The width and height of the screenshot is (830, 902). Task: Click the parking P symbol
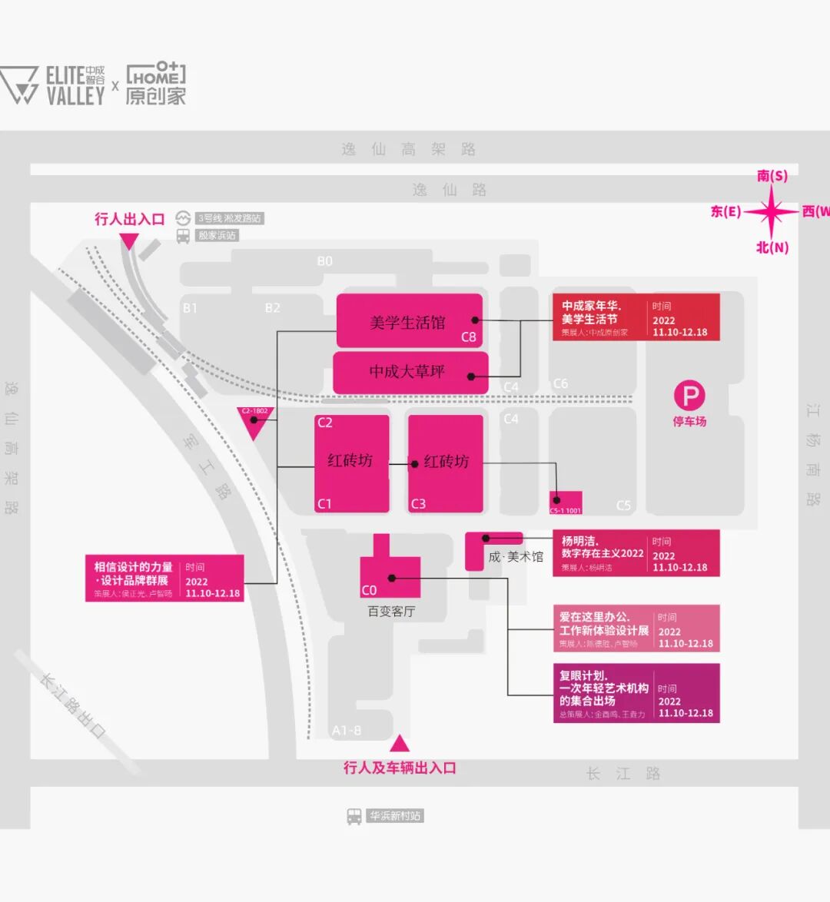[689, 396]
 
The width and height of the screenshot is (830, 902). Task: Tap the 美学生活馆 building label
[407, 323]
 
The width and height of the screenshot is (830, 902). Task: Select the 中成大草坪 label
[407, 372]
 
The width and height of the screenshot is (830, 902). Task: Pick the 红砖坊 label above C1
[350, 460]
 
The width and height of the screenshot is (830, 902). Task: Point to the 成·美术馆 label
[516, 557]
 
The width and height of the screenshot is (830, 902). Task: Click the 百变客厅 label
[391, 612]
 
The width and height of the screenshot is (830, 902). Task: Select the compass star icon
[772, 211]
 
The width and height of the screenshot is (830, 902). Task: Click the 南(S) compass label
[772, 176]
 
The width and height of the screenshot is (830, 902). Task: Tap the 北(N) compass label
[772, 247]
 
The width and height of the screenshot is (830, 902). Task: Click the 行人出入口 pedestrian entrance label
[129, 219]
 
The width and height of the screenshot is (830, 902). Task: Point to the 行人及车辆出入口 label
[400, 768]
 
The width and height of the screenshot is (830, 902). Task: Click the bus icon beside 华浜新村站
[354, 816]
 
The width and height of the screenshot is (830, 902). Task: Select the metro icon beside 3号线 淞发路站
[183, 218]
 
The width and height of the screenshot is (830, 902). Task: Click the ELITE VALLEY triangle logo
[19, 85]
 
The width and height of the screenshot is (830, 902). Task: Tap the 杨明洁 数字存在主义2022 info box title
[602, 547]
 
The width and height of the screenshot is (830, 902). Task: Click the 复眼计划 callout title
[603, 688]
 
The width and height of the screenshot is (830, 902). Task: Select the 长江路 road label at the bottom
[622, 774]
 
